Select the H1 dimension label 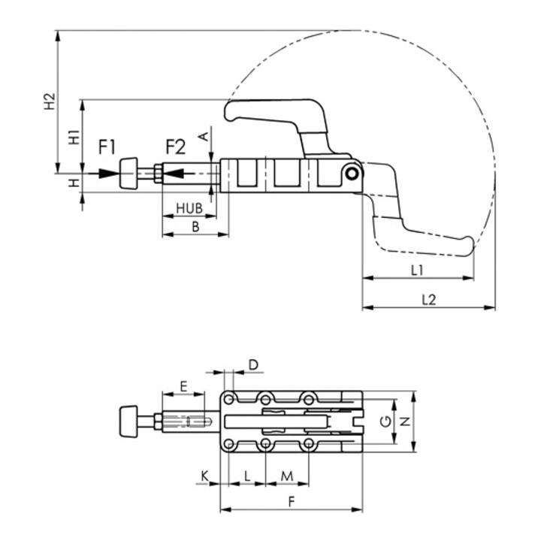(74, 137)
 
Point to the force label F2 (175, 146)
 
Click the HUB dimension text (189, 207)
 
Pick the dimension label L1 (418, 268)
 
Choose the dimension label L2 (428, 298)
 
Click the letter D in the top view (253, 364)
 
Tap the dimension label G (385, 422)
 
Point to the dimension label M (286, 476)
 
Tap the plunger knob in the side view (129, 174)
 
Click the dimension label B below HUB (195, 225)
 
